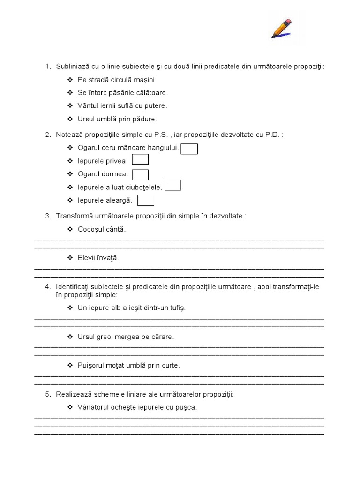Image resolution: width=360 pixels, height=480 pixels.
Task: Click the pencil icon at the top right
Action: point(282,29)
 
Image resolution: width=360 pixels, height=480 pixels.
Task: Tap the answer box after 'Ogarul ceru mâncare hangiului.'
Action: point(189,149)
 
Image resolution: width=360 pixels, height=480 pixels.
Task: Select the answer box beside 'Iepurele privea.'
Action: point(140,160)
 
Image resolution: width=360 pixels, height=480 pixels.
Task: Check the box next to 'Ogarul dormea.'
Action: point(140,175)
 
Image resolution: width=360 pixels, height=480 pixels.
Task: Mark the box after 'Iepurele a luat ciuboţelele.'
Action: point(173,186)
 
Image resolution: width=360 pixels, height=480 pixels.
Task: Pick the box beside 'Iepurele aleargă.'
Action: point(146,201)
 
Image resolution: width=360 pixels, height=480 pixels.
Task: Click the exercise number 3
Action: point(48,216)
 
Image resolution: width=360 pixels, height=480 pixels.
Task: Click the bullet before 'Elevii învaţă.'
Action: point(70,258)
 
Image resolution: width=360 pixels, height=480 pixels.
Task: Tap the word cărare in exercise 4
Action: point(163,337)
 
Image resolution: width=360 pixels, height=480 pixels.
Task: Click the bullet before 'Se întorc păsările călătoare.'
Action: point(70,93)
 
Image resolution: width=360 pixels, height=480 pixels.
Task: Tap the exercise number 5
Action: point(48,394)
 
